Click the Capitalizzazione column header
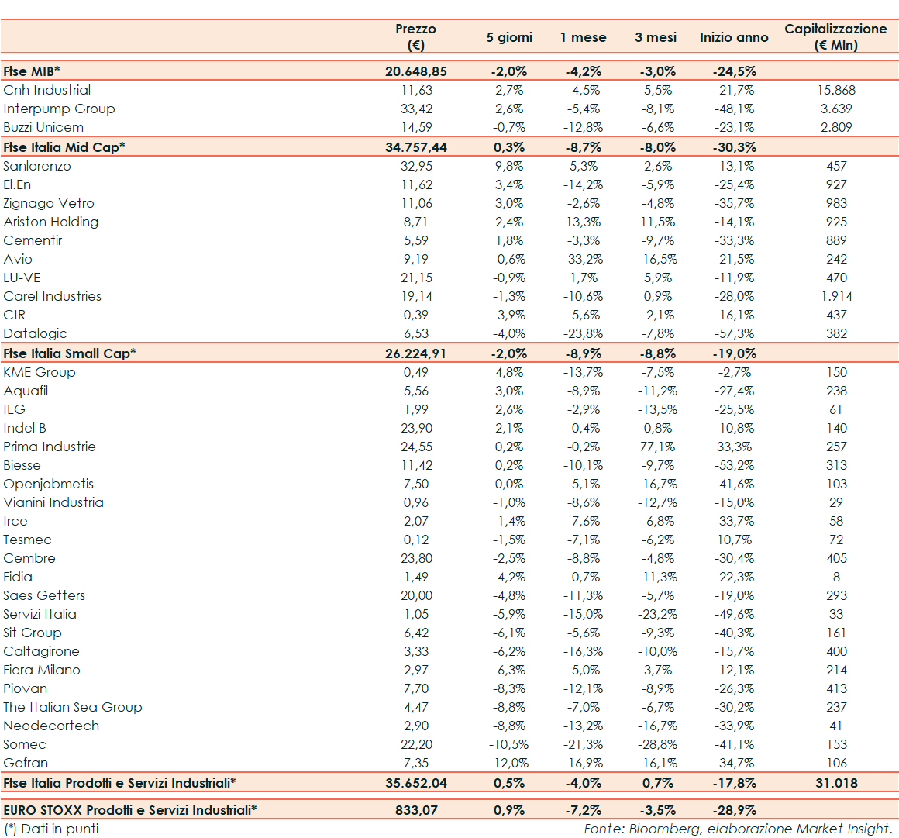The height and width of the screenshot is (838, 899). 835,36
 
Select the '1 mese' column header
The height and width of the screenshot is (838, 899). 583,37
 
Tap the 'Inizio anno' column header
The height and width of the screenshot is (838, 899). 734,37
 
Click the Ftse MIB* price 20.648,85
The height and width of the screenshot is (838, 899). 416,71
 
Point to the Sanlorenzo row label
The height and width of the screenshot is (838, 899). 36,166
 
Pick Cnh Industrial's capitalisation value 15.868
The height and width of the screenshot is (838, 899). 836,90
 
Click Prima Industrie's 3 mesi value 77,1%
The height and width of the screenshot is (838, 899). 657,447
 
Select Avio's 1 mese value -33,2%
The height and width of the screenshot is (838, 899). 583,259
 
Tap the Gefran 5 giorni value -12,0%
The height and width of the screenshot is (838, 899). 509,763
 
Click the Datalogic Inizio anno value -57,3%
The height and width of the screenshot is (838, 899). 734,333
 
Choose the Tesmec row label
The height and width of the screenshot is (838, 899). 27,540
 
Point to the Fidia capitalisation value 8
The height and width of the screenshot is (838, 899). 836,577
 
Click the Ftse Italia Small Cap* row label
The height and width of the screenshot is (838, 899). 69,353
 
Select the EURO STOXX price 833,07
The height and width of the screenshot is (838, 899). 416,810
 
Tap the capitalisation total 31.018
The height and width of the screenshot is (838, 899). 836,783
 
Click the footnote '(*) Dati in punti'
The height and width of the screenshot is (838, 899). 51,829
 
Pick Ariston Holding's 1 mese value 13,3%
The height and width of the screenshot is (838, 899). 583,222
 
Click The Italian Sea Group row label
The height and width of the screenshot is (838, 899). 73,707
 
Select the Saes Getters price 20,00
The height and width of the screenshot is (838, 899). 416,595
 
